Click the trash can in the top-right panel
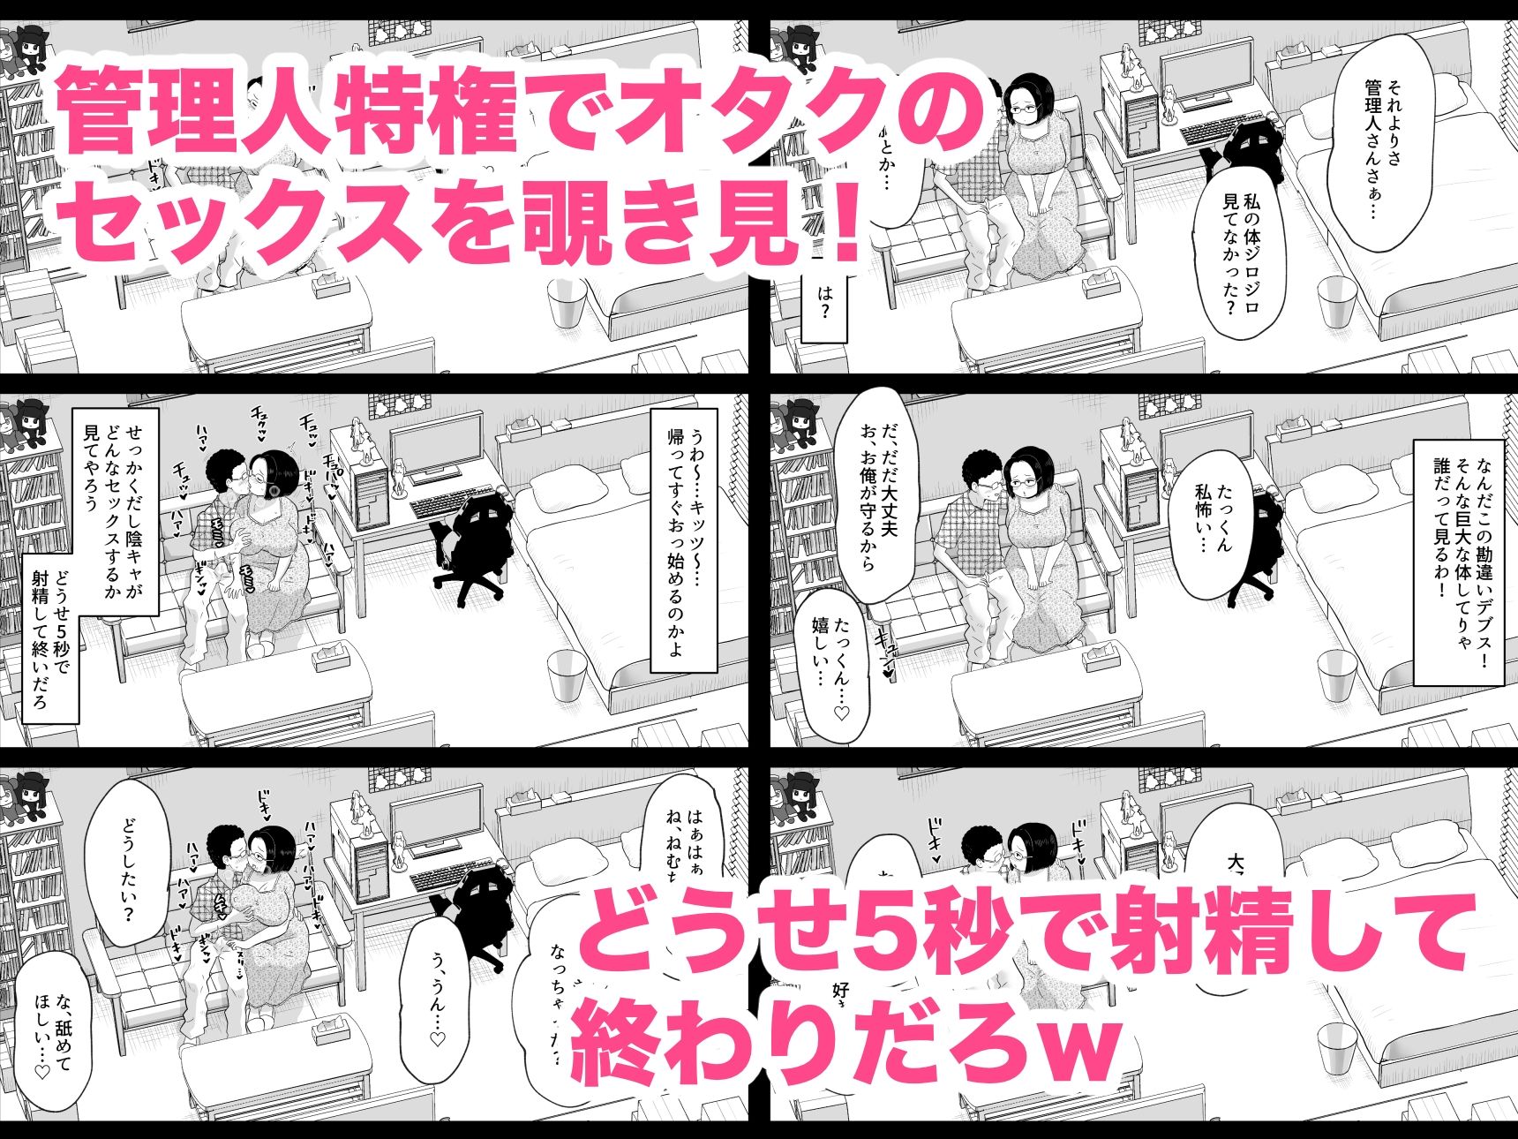pos(1336,305)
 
